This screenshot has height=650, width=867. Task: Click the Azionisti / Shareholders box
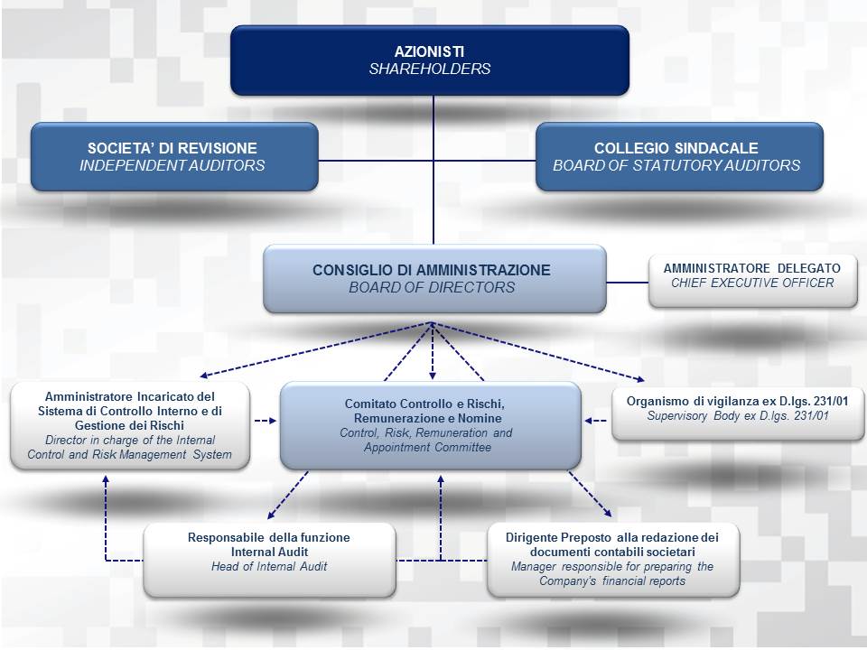pos(430,60)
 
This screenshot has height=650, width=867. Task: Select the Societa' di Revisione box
pos(173,156)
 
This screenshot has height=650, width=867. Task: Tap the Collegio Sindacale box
pos(679,156)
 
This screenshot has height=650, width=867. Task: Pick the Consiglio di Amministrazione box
pos(433,278)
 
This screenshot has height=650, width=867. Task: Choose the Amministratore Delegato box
pos(752,280)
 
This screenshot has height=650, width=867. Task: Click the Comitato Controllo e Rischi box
pos(430,425)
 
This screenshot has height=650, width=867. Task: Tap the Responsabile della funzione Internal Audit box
pos(269,559)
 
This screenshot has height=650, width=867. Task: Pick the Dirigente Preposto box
pos(613,559)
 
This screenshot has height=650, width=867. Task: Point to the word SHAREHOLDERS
pos(430,69)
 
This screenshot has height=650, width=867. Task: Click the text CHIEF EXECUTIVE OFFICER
pos(752,283)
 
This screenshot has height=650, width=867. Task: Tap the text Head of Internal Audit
pos(269,567)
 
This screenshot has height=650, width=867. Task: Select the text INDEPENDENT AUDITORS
pos(172,165)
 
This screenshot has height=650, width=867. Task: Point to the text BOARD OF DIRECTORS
pos(432,287)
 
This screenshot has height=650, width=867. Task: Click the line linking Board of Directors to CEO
pos(628,283)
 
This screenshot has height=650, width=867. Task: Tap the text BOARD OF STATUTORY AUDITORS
pos(676,165)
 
